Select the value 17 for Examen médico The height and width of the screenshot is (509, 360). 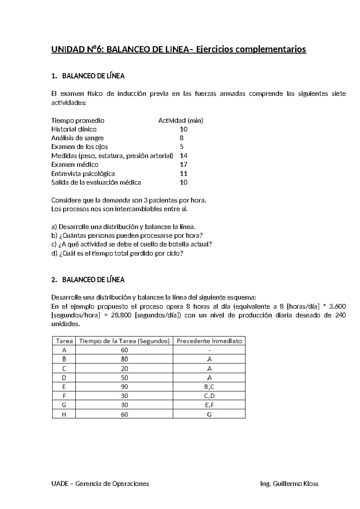tap(184, 164)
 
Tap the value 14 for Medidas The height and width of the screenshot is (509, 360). tap(184, 156)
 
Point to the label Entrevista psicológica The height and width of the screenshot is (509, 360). tap(83, 173)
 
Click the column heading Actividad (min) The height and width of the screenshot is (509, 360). tap(181, 121)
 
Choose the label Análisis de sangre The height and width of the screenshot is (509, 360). tap(77, 138)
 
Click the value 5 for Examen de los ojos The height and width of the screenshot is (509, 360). tap(181, 147)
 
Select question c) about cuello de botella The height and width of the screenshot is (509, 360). tap(131, 244)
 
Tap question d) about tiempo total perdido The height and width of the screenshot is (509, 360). tap(117, 253)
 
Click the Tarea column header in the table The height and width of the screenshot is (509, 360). tap(64, 341)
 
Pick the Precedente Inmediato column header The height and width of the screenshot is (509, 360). tap(209, 341)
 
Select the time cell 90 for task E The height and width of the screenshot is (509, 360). tap(124, 387)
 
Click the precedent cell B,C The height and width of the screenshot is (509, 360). tap(209, 387)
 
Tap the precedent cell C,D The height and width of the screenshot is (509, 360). tap(209, 396)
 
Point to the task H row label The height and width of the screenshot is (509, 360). tap(64, 414)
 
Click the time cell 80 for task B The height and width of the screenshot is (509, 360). tap(124, 359)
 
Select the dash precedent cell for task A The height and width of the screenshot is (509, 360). tap(209, 350)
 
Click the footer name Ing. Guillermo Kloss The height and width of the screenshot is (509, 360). tap(289, 483)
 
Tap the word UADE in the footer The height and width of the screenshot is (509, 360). tap(60, 483)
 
